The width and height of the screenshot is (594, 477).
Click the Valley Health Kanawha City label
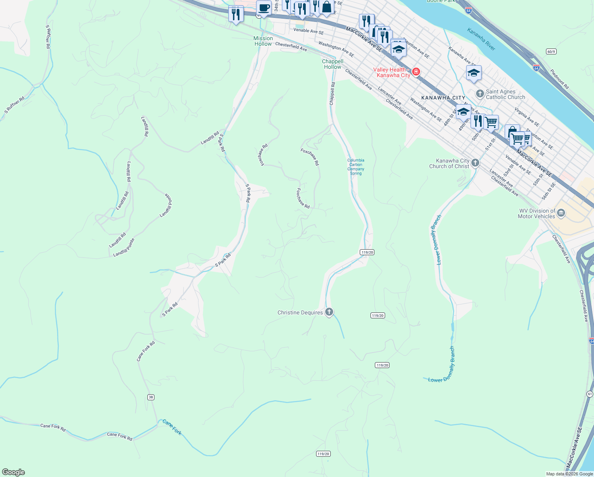pos(391,72)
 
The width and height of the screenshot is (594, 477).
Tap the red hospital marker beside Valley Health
pos(416,72)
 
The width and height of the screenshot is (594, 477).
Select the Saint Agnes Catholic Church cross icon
pos(480,94)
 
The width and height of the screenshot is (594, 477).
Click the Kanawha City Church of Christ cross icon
pos(475,163)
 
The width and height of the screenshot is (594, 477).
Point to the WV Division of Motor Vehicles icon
pos(561,213)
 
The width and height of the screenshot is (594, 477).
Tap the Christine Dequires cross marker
pos(329,312)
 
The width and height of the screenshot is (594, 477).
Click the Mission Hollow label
pos(263,41)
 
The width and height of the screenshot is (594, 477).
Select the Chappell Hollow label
pos(333,64)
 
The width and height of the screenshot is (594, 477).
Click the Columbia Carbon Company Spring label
pos(356,167)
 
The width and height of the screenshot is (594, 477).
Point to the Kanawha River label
pos(481,39)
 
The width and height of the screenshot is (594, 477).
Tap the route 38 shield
pos(150,397)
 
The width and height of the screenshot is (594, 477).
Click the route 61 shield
pos(590,394)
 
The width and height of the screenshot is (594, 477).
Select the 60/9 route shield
pos(551,52)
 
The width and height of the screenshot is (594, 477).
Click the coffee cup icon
pos(264,8)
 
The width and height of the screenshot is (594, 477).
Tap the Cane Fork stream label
pos(172,427)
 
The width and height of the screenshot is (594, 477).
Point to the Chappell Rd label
pos(332,93)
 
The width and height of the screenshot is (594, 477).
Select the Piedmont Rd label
pos(559,79)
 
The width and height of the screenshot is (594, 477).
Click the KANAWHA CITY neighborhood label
pos(443,98)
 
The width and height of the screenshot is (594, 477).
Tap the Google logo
pos(13,472)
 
